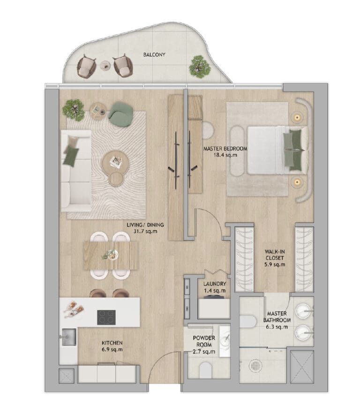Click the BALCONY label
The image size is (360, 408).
coord(154,55)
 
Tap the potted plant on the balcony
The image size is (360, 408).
coord(200,67)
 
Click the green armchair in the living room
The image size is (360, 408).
coord(121,114)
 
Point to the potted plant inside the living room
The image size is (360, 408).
coord(74,110)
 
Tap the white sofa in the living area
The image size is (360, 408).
coord(76,171)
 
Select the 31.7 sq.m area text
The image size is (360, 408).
coord(145,231)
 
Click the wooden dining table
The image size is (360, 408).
coord(111,256)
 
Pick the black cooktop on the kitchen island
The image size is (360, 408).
coord(106,317)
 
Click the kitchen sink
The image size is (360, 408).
coord(69,337)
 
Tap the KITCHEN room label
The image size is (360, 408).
coord(112,343)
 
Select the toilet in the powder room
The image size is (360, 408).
coord(206,370)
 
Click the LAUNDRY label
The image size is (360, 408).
coord(215,284)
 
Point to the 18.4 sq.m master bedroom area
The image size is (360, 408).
coord(225,155)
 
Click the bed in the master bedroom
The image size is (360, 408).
coord(277,150)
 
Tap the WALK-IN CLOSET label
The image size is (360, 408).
coord(275,255)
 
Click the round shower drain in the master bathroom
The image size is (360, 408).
coord(254,366)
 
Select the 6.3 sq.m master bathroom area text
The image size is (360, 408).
coord(277,327)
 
